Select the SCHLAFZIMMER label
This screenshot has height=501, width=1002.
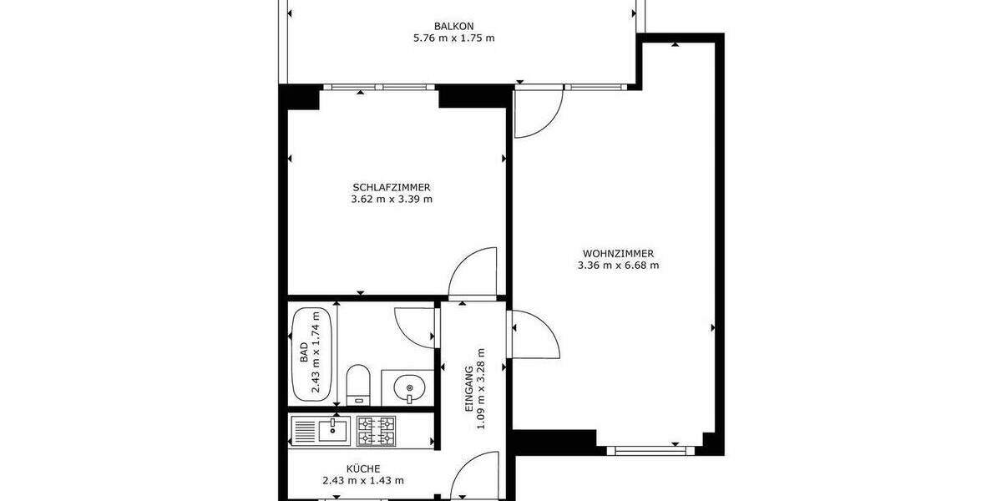pyautogui.click(x=392, y=187)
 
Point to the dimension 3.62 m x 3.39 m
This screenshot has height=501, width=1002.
pyautogui.click(x=392, y=200)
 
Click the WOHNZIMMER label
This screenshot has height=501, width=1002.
pyautogui.click(x=618, y=254)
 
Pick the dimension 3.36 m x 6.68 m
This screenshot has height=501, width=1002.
pyautogui.click(x=618, y=266)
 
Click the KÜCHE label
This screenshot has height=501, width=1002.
pyautogui.click(x=363, y=468)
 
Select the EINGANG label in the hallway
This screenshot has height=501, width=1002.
pyautogui.click(x=469, y=387)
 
